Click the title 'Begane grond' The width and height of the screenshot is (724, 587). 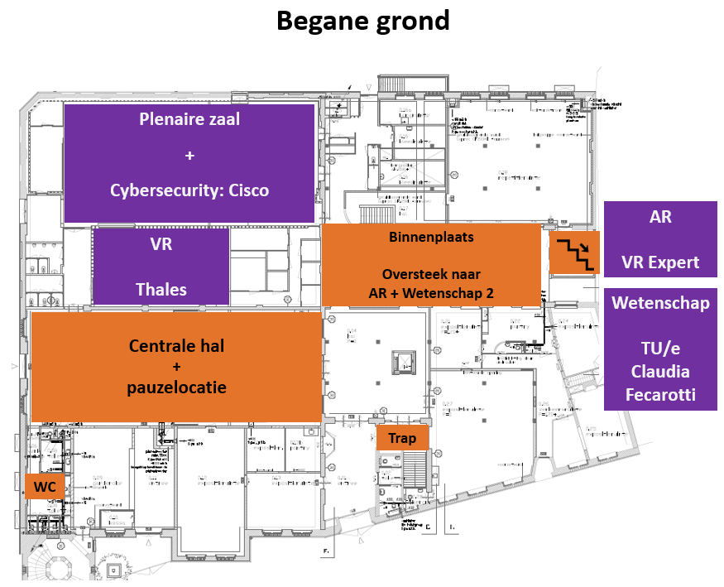(362, 21)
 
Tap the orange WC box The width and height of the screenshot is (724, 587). (46, 488)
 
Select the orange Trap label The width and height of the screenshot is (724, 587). (402, 438)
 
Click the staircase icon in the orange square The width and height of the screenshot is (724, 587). (575, 253)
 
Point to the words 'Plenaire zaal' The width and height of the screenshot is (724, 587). (189, 119)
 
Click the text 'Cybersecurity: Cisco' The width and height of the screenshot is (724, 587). (189, 190)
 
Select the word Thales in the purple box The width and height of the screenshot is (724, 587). (161, 289)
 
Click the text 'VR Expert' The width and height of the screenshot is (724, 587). (660, 263)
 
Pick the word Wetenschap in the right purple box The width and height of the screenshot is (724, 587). (660, 303)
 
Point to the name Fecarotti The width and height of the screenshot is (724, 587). (660, 395)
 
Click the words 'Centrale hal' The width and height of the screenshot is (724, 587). (176, 345)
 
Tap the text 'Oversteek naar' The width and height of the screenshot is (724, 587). (430, 274)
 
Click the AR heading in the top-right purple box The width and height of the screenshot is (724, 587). (660, 217)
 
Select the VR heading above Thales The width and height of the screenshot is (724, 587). (161, 245)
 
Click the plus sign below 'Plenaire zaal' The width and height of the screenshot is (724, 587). (189, 155)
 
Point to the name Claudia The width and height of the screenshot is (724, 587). (660, 372)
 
